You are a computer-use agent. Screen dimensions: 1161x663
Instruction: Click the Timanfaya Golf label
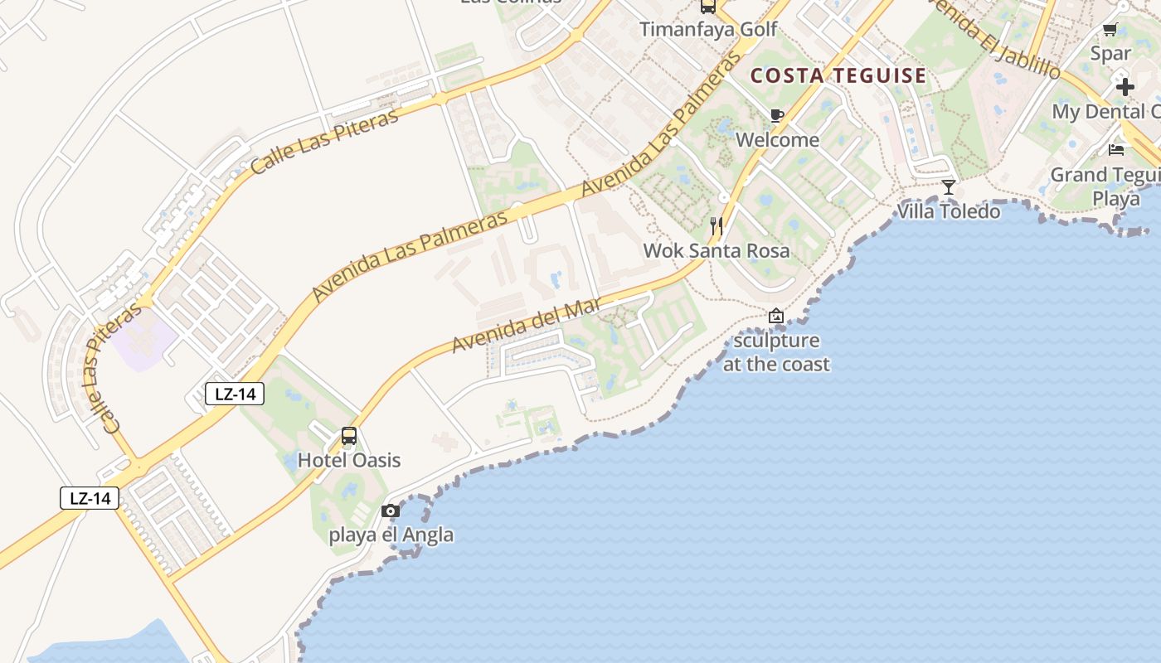tap(708, 30)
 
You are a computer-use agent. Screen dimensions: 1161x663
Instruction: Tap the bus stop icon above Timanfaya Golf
tap(708, 7)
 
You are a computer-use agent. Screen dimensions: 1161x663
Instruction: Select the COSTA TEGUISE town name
tap(838, 76)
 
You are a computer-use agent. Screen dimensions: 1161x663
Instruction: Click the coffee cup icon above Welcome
tap(776, 115)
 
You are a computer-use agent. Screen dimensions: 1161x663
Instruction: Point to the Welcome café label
tap(777, 139)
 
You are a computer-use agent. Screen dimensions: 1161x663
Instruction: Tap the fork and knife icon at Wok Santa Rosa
tap(717, 225)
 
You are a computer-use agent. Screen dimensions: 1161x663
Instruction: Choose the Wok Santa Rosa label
tap(717, 250)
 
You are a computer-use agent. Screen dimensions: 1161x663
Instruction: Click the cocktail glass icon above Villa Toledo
tap(949, 187)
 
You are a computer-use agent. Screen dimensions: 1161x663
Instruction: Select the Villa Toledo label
tap(949, 211)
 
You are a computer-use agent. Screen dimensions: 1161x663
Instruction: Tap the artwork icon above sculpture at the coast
tap(776, 316)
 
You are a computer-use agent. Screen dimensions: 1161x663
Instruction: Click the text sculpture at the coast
tap(776, 352)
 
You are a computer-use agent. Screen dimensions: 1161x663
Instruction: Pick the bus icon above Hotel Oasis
tap(349, 436)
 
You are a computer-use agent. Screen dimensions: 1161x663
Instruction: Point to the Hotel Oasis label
tap(349, 460)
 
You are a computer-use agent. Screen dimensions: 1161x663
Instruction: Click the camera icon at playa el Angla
tap(391, 511)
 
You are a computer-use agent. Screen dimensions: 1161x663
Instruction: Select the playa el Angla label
tap(391, 535)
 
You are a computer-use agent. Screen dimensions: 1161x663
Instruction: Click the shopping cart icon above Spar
tap(1110, 30)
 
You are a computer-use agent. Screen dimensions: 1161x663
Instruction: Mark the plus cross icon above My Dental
tap(1125, 87)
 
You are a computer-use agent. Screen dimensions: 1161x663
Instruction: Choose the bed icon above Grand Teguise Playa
tap(1116, 150)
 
